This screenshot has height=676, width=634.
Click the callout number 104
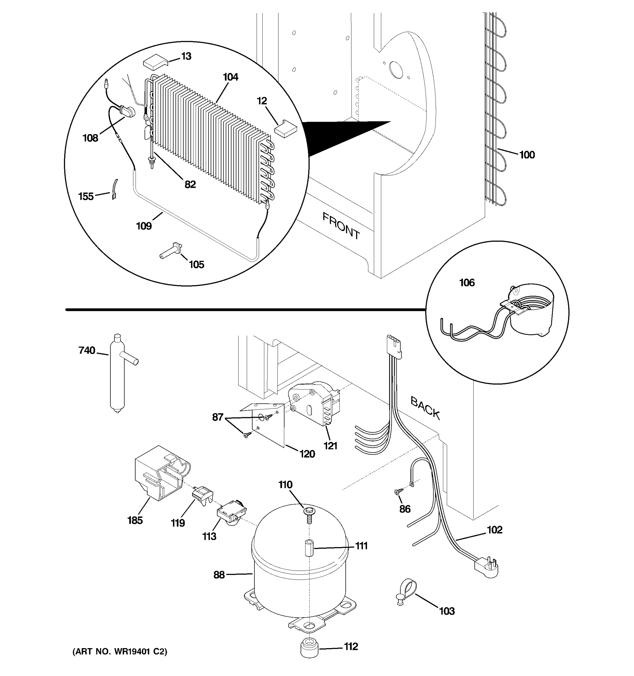tap(230, 77)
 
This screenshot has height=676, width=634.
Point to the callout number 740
tap(87, 350)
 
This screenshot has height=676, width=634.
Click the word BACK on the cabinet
tap(425, 408)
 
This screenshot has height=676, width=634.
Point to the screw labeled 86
tap(398, 491)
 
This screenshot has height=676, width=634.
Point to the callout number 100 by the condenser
tap(527, 155)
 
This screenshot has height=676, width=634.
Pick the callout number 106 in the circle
tap(467, 283)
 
